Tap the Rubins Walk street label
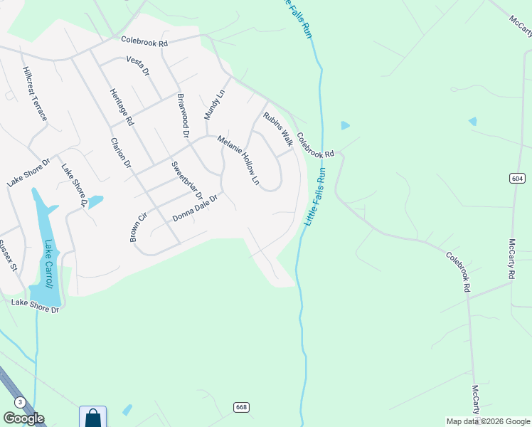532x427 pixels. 278,125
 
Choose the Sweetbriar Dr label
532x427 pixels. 187,180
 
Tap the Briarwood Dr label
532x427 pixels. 182,115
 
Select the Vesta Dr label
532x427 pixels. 138,66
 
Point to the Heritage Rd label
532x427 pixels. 122,107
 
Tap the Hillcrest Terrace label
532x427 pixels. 34,93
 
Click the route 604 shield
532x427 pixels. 517,177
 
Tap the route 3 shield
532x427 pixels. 20,402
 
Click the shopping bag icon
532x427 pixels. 93,416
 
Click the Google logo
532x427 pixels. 23,418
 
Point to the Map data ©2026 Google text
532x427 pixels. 488,421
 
